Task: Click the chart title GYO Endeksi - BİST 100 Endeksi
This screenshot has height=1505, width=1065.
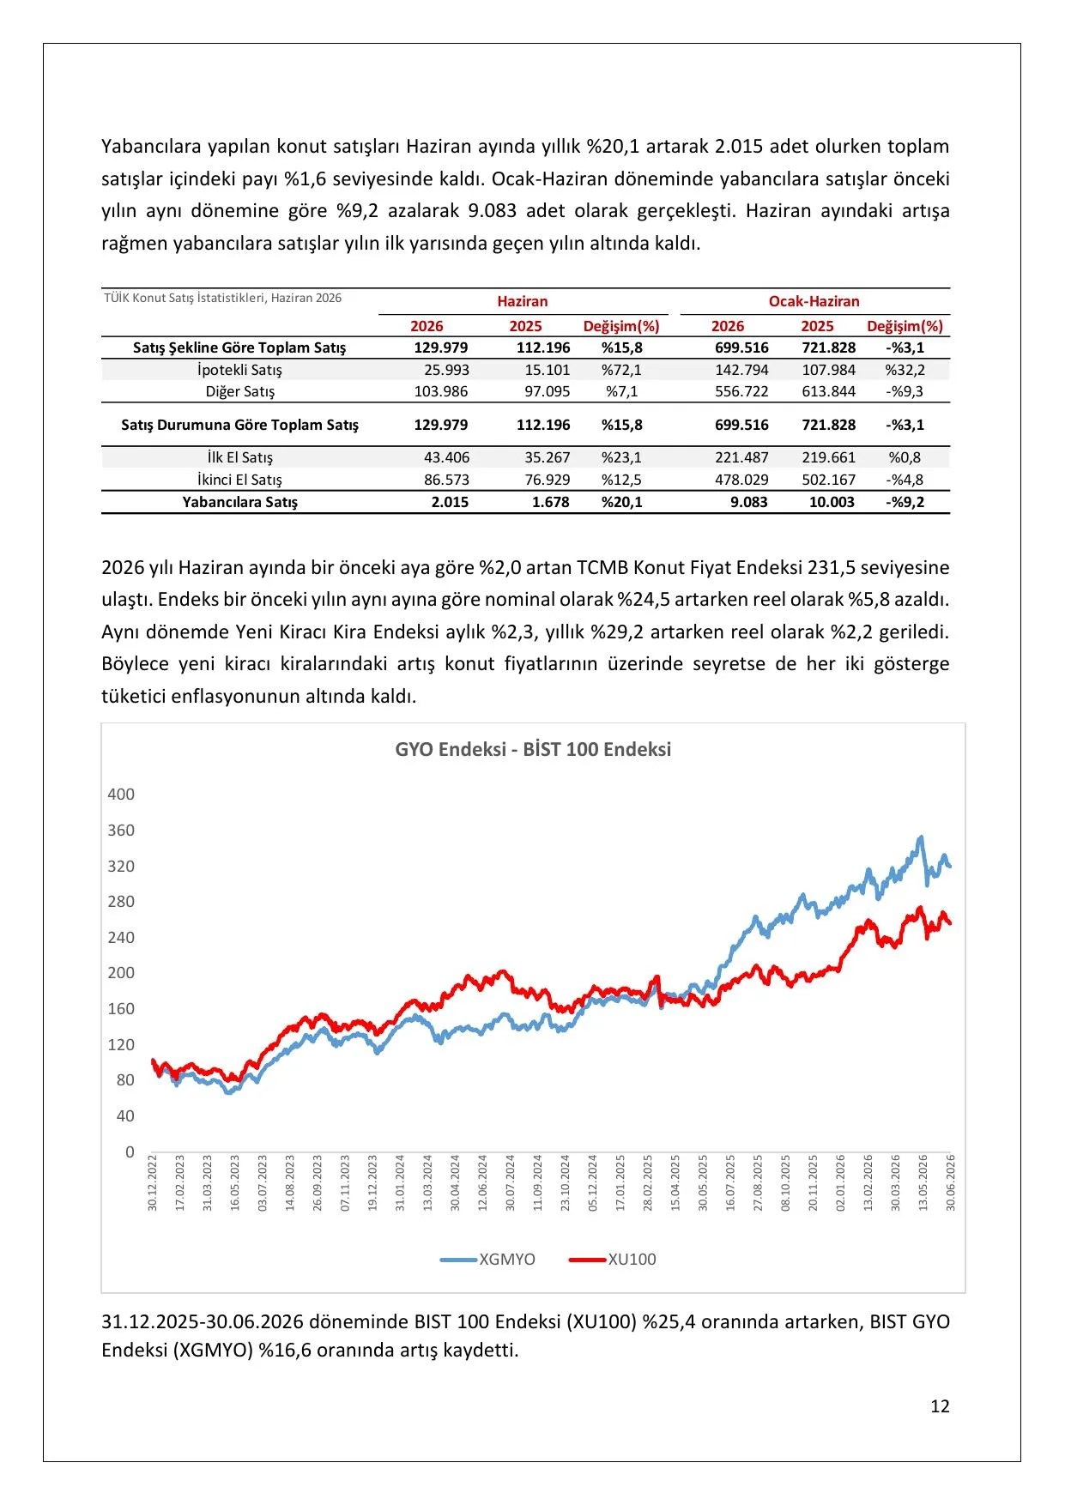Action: (x=533, y=749)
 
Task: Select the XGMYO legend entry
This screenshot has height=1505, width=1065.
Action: (x=487, y=1260)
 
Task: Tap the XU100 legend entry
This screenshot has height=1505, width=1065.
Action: (x=613, y=1260)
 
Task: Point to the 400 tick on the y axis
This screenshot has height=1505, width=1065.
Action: (x=121, y=795)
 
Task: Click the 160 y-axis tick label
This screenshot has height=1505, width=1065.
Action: (x=121, y=1009)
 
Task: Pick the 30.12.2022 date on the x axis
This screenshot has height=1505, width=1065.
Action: (x=153, y=1182)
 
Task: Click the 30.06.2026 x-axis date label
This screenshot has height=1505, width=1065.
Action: (x=951, y=1182)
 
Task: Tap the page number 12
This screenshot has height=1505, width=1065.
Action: (x=940, y=1406)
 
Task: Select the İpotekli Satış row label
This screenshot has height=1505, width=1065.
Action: (x=239, y=370)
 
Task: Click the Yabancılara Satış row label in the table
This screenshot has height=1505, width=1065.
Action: (x=239, y=502)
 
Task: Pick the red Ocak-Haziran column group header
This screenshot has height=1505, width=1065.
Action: (x=814, y=301)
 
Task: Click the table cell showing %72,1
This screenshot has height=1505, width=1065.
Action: (x=621, y=370)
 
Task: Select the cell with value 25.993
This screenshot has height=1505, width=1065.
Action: (x=446, y=370)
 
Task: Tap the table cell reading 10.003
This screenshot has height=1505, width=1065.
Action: (x=832, y=502)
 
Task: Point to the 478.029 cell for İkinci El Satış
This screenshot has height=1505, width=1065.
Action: (x=741, y=480)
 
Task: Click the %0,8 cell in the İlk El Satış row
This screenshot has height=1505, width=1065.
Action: (x=905, y=457)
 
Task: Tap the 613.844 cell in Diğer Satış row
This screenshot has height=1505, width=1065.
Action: (x=828, y=391)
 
